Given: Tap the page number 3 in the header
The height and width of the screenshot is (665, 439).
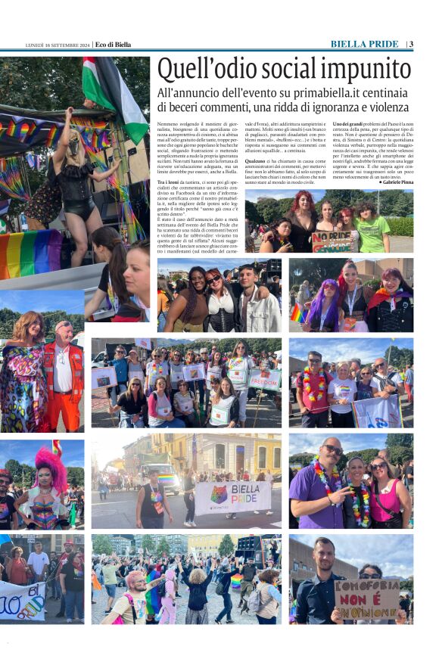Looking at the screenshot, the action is pos(411,44).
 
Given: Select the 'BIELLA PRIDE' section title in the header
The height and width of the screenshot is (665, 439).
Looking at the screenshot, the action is pos(364,44).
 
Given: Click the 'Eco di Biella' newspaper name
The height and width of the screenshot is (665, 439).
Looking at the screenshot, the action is pos(113,45).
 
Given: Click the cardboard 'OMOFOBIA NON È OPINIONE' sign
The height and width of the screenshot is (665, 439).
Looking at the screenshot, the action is pos(367,598).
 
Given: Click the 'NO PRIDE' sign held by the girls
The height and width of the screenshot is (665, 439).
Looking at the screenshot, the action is pos(333,241).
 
